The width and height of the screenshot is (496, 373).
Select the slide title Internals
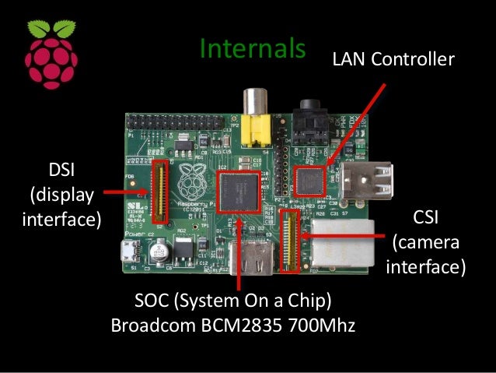250,48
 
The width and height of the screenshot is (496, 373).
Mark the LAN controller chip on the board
309,181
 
